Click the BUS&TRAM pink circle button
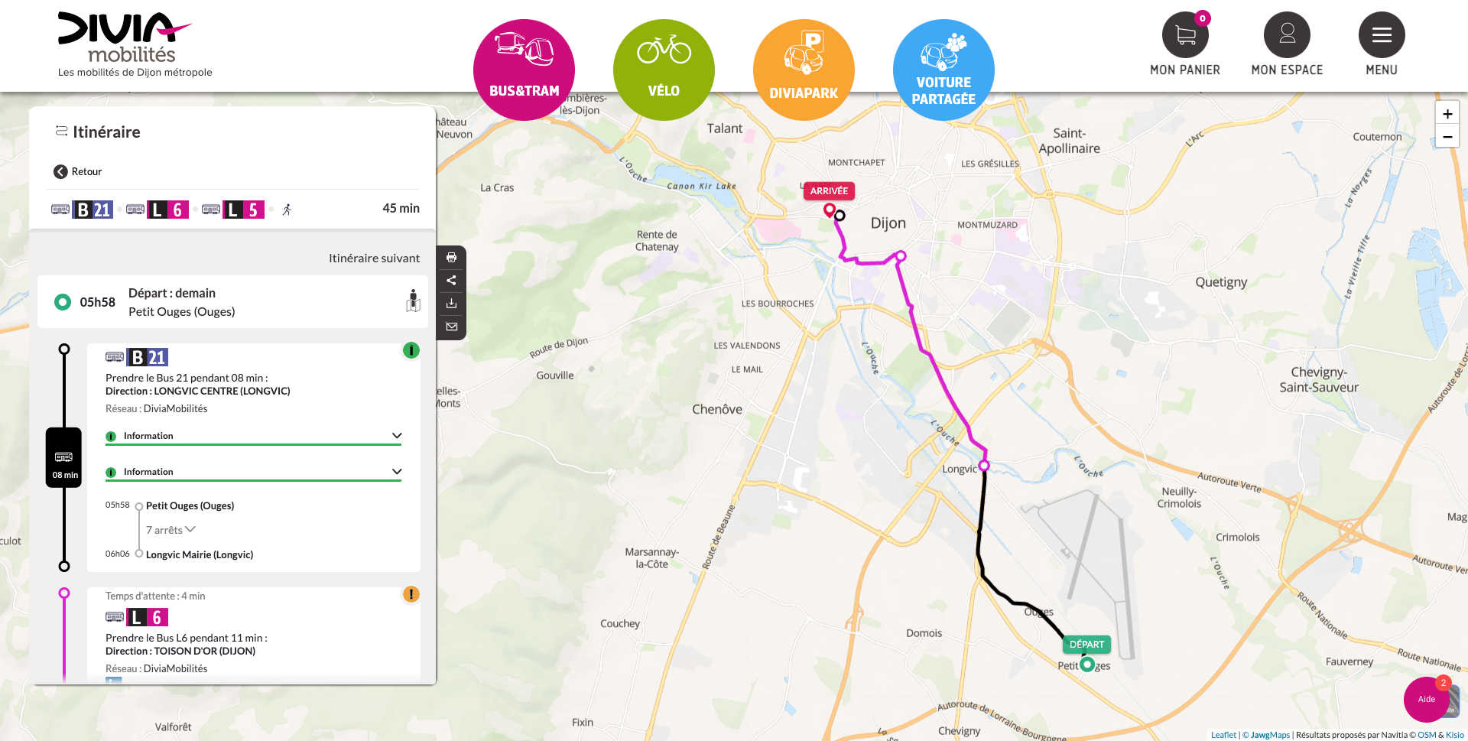point(524,69)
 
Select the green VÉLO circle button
point(664,69)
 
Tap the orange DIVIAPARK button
point(804,69)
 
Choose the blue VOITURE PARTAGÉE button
point(943,69)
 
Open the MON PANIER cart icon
point(1185,35)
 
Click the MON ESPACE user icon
point(1287,35)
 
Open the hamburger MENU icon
point(1382,35)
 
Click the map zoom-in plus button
point(1447,114)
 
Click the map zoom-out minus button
point(1447,137)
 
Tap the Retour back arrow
point(61,171)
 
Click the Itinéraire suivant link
point(374,258)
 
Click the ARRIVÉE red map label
point(829,191)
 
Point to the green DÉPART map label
point(1086,645)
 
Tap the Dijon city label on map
point(888,223)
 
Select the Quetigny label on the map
point(1221,282)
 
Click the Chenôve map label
point(717,409)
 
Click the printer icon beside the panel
point(452,258)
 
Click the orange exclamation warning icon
point(411,594)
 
